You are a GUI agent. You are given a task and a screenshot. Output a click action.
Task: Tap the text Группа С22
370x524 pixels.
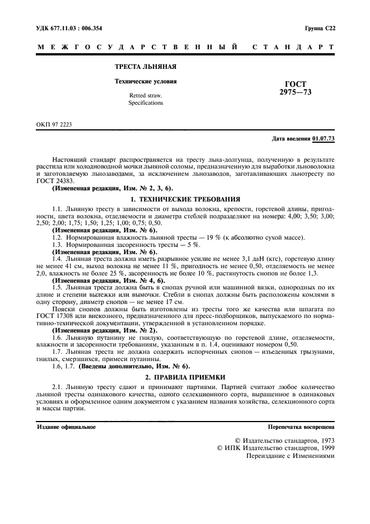pyautogui.click(x=320, y=27)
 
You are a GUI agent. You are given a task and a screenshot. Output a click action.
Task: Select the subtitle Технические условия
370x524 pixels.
pyautogui.click(x=146, y=81)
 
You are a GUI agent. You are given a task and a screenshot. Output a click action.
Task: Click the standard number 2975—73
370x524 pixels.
pyautogui.click(x=296, y=93)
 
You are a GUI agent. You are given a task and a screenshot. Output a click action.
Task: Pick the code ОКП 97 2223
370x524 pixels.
pyautogui.click(x=54, y=124)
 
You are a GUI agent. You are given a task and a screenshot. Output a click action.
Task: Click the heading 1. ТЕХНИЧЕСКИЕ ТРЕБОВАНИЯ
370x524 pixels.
pyautogui.click(x=185, y=199)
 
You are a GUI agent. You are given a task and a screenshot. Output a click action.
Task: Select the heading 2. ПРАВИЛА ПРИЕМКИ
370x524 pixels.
pyautogui.click(x=185, y=377)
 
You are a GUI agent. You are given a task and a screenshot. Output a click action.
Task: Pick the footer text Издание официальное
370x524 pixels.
pyautogui.click(x=66, y=427)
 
